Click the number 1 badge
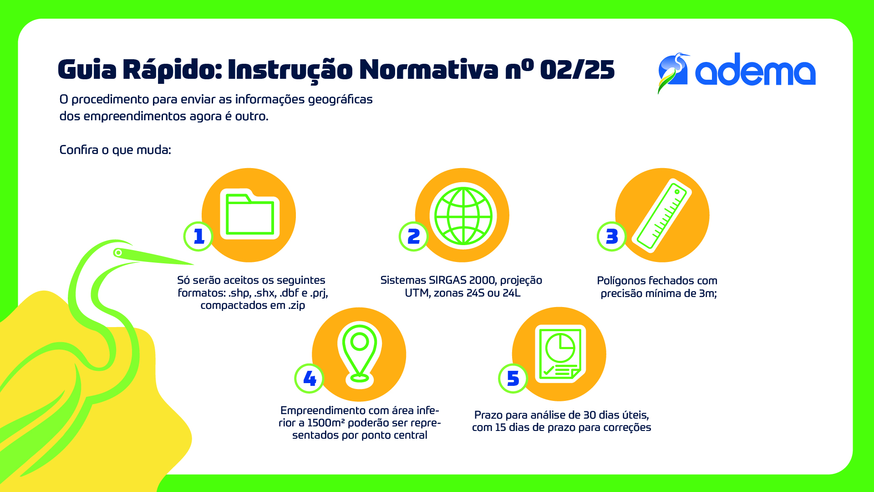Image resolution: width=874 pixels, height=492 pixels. (x=198, y=236)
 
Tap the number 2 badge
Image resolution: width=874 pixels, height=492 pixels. (x=413, y=236)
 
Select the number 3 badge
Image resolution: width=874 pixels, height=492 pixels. (x=612, y=236)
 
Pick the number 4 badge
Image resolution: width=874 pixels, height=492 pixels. (x=310, y=379)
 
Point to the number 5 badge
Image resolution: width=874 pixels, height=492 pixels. (x=513, y=379)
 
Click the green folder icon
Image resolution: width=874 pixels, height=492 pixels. (x=250, y=214)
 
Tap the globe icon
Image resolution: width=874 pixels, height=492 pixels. (x=463, y=216)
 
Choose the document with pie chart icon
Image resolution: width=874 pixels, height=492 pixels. (x=560, y=354)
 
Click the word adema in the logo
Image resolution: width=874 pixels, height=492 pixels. (x=755, y=69)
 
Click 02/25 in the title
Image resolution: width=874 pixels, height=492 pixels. (x=577, y=70)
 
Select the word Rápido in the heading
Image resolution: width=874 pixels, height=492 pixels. (x=172, y=70)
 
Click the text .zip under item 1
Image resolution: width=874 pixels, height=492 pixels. (x=297, y=305)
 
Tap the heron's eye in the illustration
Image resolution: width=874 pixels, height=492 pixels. (x=118, y=252)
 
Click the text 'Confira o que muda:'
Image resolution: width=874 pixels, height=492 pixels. (x=115, y=150)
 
